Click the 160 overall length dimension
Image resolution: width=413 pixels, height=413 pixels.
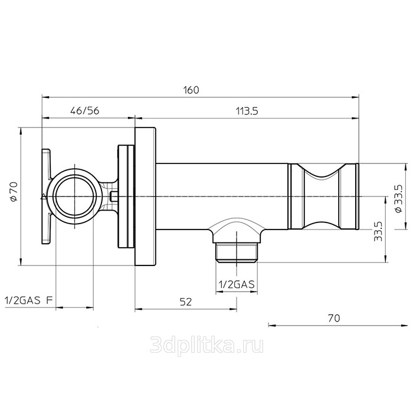coord(191,90)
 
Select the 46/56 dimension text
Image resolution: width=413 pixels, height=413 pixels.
coord(85,111)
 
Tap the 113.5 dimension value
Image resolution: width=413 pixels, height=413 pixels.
coord(247,111)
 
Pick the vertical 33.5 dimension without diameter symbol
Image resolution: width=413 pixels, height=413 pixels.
coord(378,231)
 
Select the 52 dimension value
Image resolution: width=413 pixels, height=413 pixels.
coord(186,302)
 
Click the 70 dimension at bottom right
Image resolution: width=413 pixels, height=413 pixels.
coord(334,318)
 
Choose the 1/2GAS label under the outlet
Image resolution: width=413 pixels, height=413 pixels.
coord(237,284)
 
